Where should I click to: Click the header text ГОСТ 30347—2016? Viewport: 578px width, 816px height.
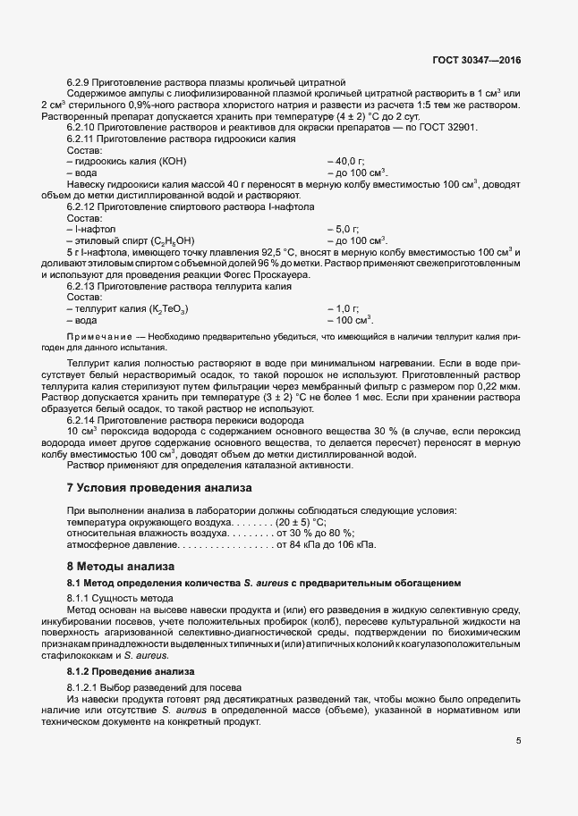(475, 61)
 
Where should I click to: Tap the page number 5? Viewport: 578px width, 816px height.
(518, 740)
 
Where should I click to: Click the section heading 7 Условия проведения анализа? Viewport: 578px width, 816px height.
(159, 488)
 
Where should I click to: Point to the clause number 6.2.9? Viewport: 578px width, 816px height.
(81, 83)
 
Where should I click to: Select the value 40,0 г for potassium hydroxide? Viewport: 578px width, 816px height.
(350, 160)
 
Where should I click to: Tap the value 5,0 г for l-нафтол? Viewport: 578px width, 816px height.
(347, 230)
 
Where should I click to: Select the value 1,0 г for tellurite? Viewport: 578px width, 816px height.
(347, 309)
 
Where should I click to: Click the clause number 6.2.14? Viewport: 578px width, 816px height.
(83, 420)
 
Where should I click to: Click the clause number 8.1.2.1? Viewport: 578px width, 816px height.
(86, 686)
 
